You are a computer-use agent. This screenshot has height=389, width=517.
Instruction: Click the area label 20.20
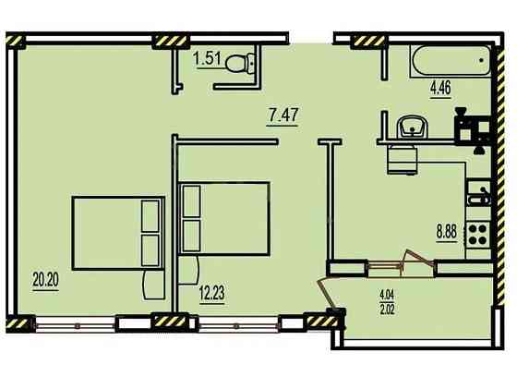click(46, 280)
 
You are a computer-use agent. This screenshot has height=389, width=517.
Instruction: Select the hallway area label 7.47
click(283, 115)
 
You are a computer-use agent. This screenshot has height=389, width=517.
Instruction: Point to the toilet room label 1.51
click(207, 60)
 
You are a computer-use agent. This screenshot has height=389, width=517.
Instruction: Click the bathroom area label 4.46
click(440, 88)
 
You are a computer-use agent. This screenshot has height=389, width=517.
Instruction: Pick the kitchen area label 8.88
click(447, 232)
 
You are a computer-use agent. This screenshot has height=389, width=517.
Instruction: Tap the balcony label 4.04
click(387, 294)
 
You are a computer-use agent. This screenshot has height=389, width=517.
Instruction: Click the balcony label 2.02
click(387, 310)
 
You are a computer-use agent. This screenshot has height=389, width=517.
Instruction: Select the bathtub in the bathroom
click(451, 61)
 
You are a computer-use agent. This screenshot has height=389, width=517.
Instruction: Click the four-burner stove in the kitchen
click(477, 234)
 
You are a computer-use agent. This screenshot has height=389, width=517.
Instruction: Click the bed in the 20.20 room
click(118, 233)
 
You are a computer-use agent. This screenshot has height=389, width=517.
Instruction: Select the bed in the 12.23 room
click(224, 218)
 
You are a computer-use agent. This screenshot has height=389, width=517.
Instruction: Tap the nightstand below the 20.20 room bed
click(153, 286)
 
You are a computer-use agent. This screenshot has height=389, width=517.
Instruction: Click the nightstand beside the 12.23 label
click(188, 270)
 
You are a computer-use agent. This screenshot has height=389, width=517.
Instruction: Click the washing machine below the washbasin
click(403, 159)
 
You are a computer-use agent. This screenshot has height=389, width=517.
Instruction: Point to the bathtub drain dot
click(481, 60)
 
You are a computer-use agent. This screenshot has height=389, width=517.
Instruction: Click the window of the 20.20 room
click(76, 325)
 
